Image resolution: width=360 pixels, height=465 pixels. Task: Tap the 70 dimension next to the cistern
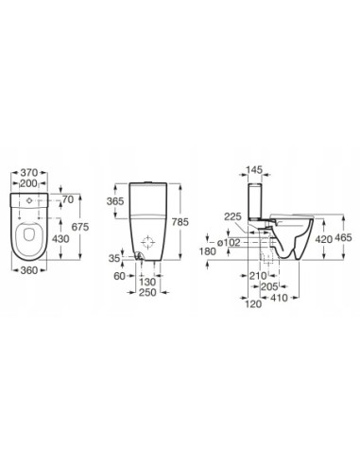(67, 201)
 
